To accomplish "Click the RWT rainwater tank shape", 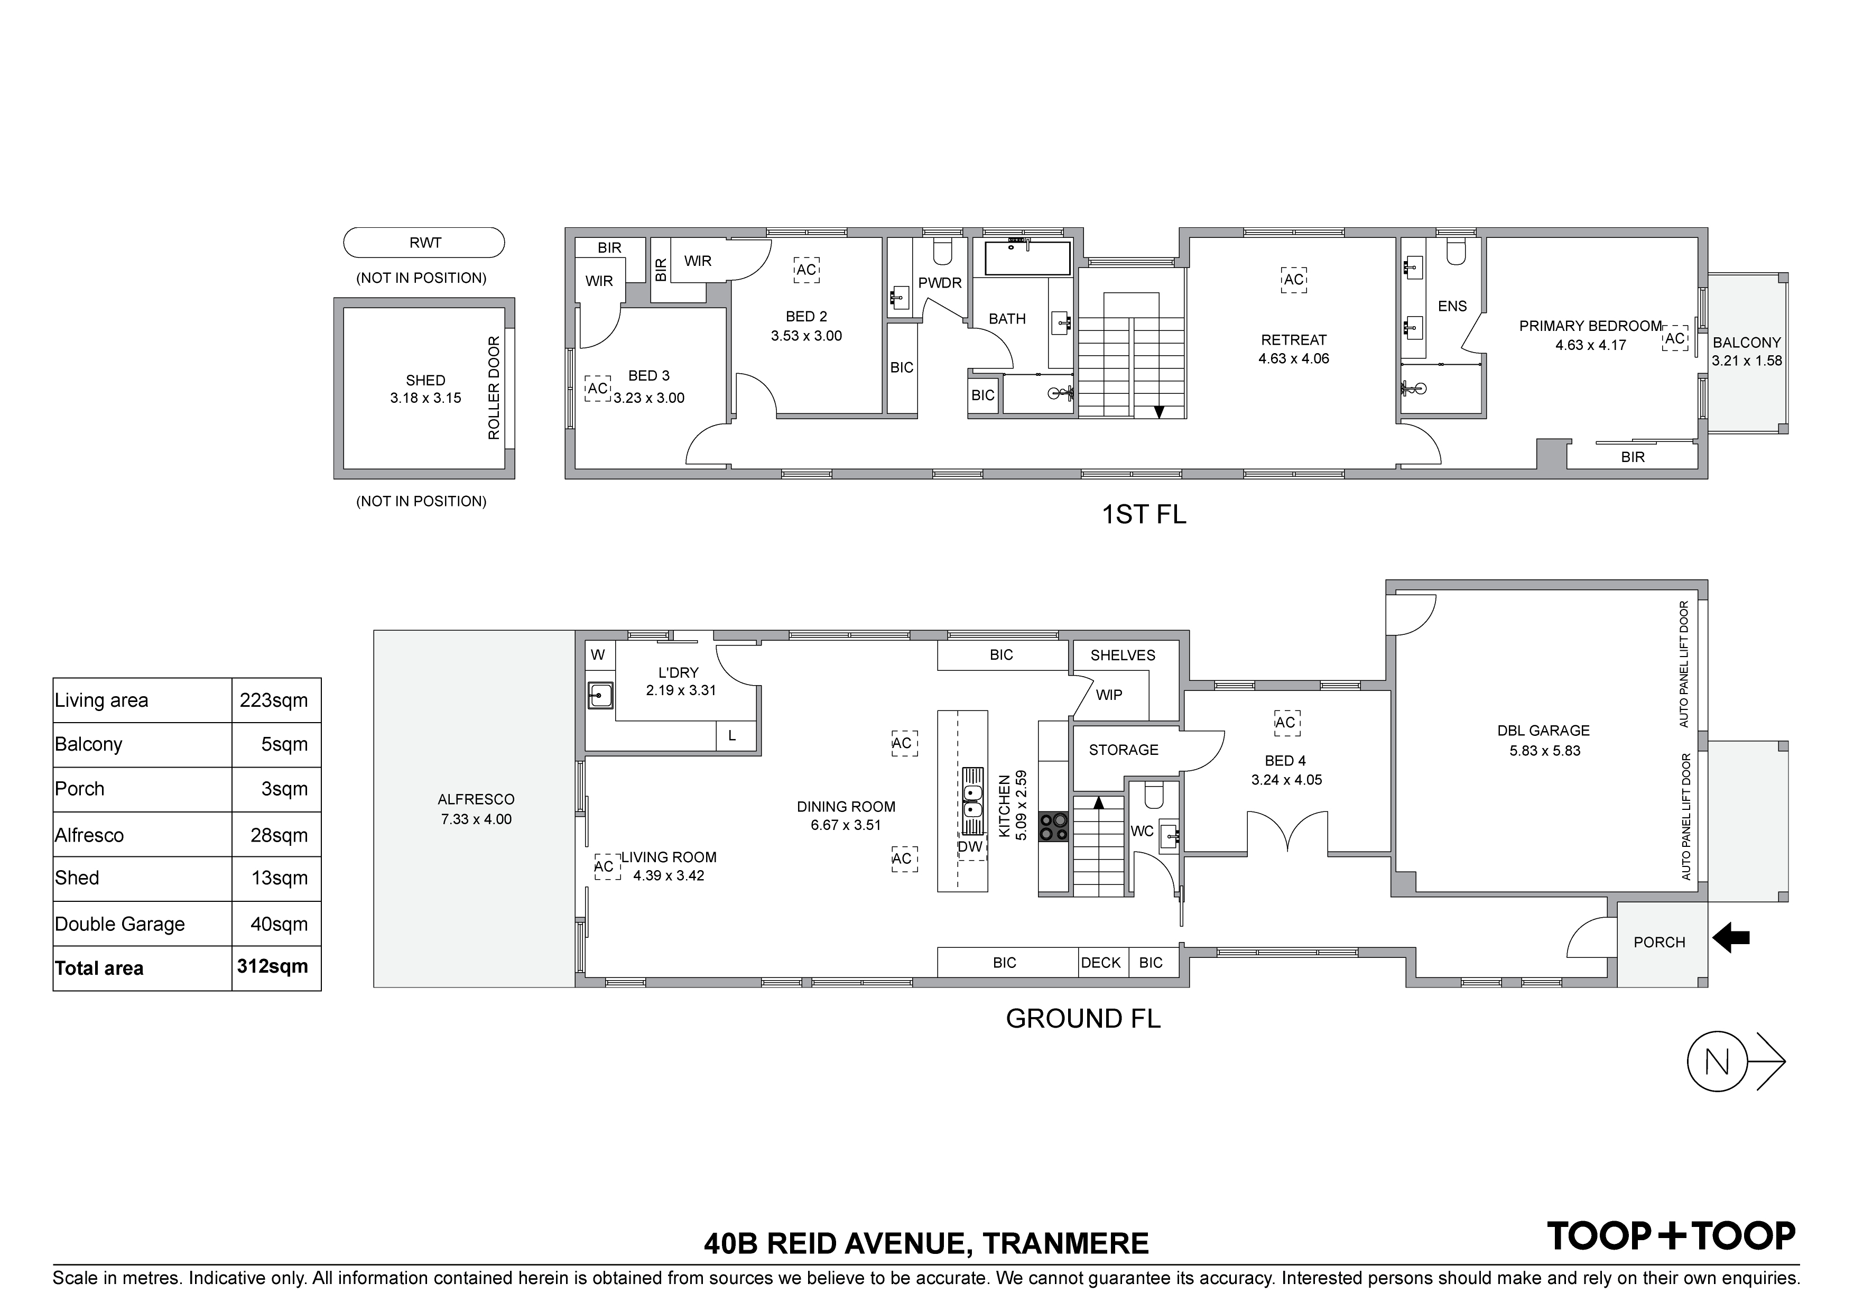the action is (424, 242).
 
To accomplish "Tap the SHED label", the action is (425, 380).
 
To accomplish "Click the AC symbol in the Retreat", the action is (1294, 280).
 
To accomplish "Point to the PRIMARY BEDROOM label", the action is (1590, 326).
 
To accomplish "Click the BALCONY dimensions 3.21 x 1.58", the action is (1747, 361).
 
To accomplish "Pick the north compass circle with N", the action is (1718, 1062).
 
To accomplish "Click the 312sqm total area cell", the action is (273, 967).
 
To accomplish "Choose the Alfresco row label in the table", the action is (90, 835).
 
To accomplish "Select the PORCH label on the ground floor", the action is (1660, 943).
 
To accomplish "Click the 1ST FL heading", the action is (1144, 514).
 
